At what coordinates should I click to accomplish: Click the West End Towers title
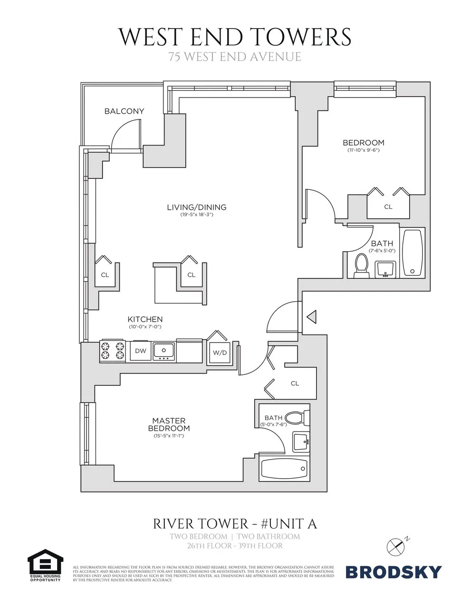235,37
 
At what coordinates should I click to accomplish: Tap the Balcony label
124,111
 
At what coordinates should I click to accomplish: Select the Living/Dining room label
196,207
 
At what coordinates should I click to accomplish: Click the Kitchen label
145,319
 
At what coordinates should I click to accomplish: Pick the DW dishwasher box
141,351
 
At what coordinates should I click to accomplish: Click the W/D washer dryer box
220,353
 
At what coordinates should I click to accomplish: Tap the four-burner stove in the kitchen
112,351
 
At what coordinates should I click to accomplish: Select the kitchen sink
163,351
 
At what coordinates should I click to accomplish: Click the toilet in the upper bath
362,265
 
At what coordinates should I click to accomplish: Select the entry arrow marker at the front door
312,316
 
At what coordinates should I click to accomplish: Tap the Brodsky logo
393,571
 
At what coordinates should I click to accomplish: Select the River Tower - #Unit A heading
235,524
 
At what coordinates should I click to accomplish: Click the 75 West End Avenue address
235,57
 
